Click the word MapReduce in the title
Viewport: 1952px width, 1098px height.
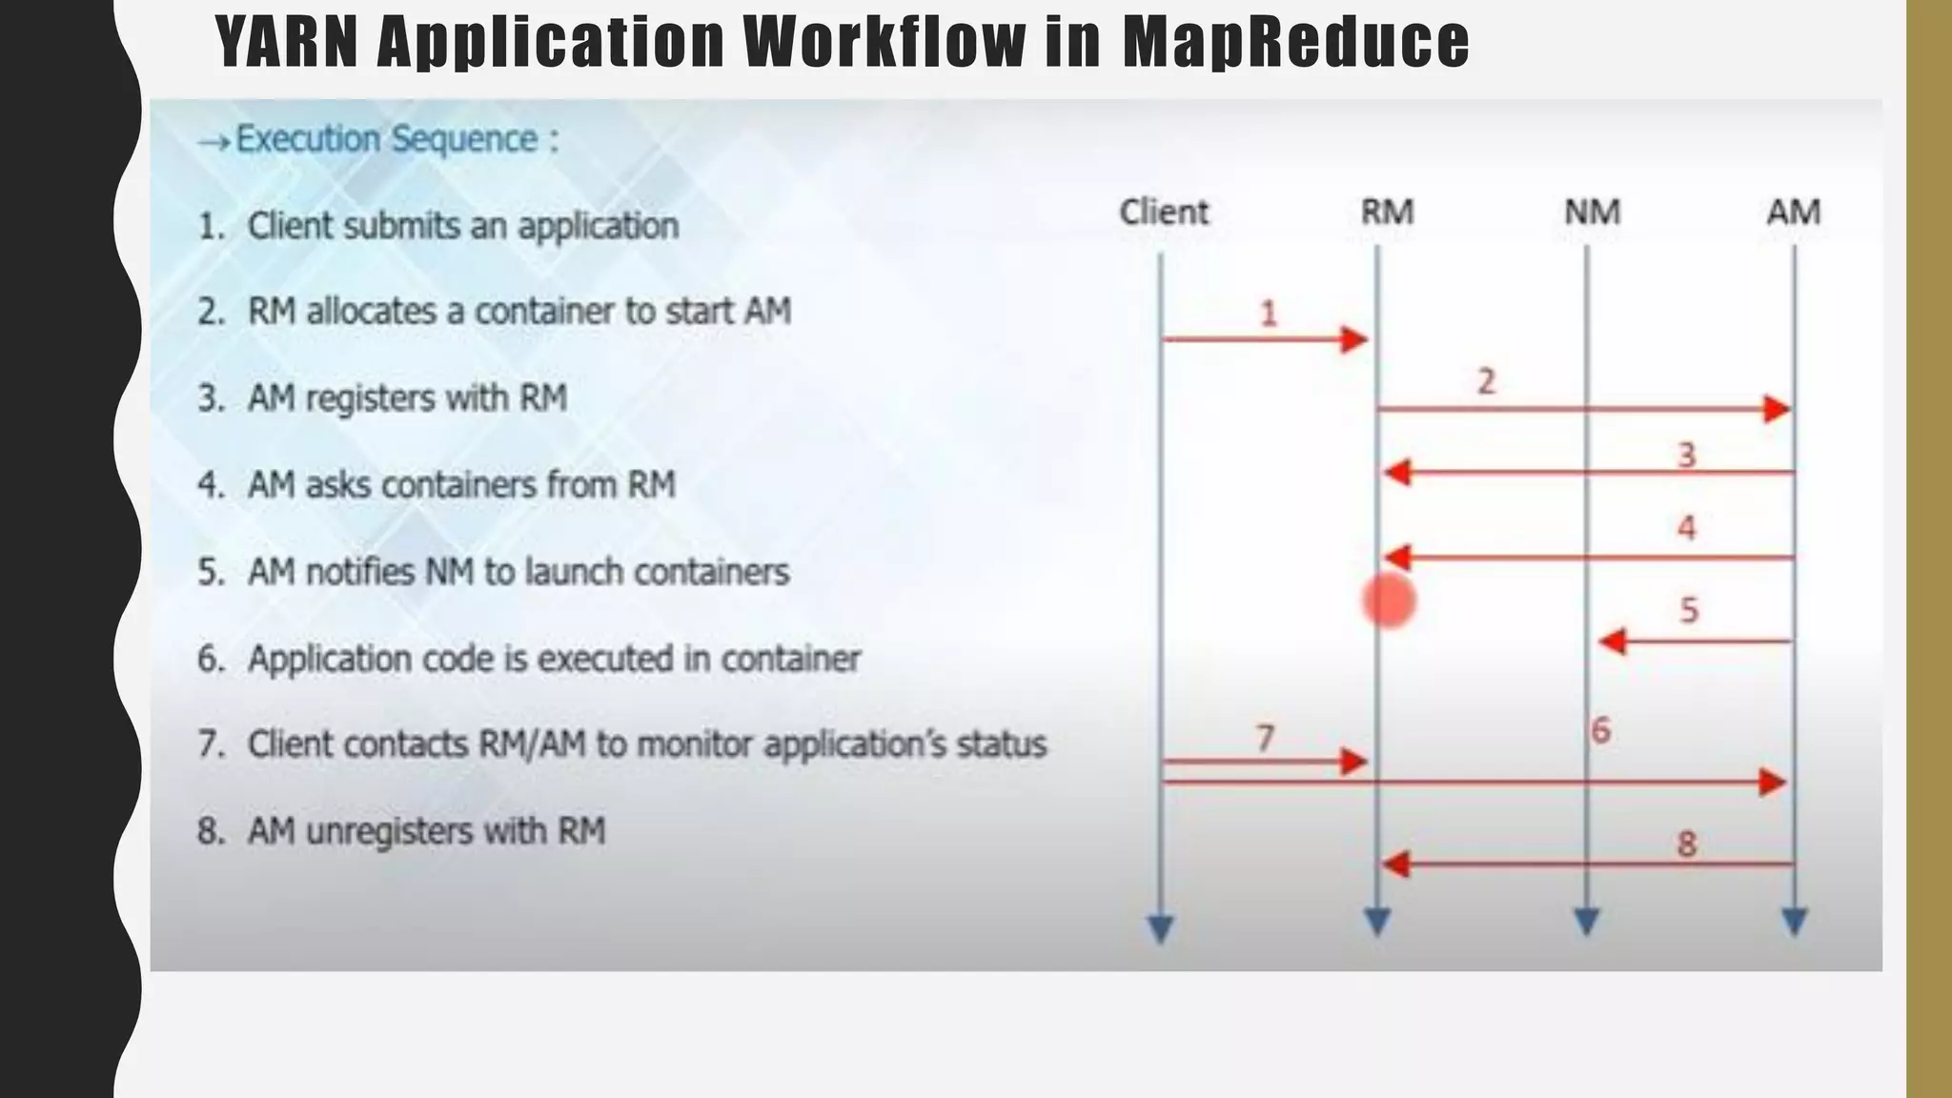1295,43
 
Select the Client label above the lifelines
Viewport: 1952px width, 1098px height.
1163,212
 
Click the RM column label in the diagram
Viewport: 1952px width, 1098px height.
1386,212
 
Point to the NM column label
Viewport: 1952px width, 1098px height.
1592,212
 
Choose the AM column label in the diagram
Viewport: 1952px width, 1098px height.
1793,212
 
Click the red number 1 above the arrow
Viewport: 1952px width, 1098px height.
1268,314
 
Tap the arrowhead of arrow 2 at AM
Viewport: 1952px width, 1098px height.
1776,410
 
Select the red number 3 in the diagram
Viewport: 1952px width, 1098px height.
1686,455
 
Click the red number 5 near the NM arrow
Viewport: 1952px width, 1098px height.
1689,610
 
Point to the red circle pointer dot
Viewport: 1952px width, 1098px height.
1389,601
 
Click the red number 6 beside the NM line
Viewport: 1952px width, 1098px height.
1601,731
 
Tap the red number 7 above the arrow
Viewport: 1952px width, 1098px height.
1265,738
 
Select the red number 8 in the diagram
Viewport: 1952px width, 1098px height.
1686,844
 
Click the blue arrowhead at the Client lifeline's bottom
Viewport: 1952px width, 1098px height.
1160,928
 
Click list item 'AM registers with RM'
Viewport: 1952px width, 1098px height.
407,398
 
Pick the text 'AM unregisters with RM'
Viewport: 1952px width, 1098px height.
426,831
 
